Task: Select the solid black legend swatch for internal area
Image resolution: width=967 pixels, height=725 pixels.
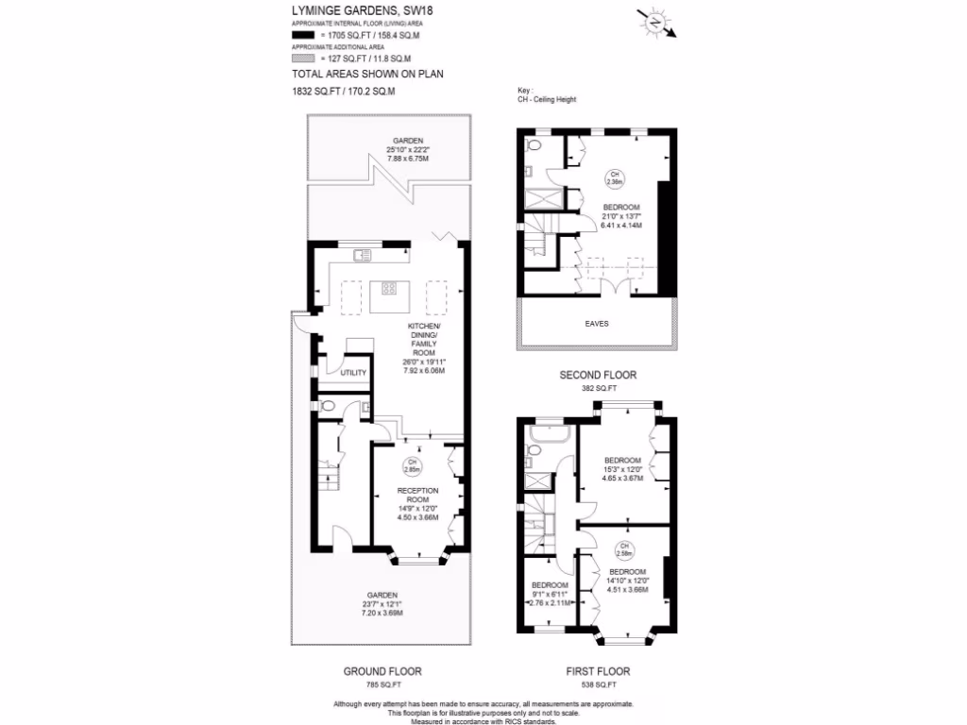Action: pos(302,34)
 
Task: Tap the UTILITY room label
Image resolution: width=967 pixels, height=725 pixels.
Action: pos(340,373)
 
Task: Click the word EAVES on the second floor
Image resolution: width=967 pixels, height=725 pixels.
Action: pos(596,323)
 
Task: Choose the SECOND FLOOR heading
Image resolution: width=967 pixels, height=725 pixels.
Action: pos(598,375)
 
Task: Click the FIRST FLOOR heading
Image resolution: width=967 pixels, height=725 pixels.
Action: pos(598,671)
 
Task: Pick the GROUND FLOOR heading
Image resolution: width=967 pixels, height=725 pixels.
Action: pos(382,671)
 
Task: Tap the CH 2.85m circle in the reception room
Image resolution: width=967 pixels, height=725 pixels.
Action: pos(413,465)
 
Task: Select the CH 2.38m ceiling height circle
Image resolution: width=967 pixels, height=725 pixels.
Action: pos(615,177)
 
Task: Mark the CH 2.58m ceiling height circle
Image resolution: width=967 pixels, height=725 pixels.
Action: pos(624,548)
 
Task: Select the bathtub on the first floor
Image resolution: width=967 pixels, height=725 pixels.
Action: pos(547,434)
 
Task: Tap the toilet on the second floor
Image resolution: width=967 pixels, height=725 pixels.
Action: pos(533,147)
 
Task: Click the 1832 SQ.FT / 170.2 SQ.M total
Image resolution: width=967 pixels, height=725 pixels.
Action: pos(344,92)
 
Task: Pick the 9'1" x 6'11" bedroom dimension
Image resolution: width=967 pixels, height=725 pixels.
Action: pos(549,593)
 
